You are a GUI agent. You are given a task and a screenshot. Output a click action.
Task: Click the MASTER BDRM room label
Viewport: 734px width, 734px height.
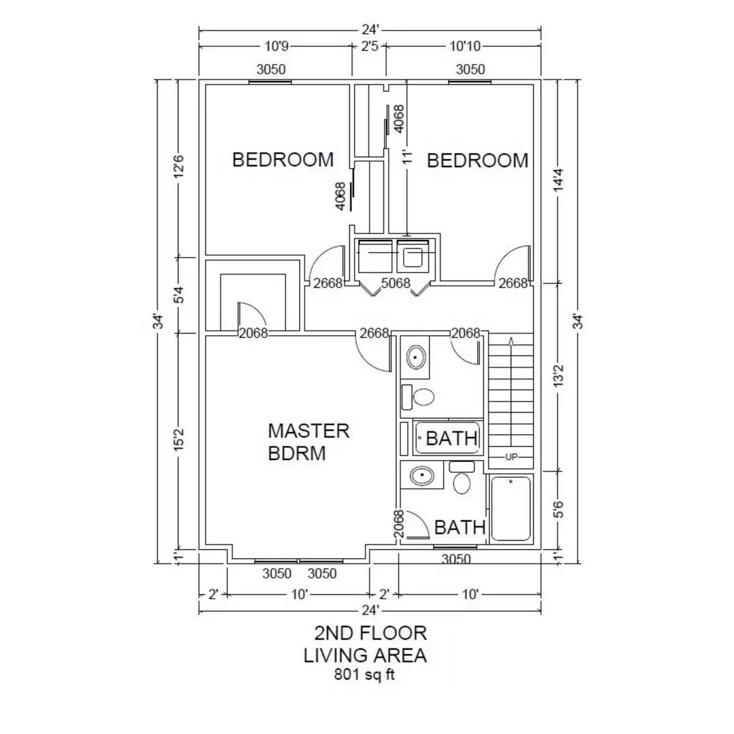pos(309,442)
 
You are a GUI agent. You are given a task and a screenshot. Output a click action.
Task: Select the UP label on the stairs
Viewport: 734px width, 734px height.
pos(511,457)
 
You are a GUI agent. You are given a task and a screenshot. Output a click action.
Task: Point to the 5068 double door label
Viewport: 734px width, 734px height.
pos(396,283)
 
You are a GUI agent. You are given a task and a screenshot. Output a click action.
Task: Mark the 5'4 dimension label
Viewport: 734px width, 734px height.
pos(179,296)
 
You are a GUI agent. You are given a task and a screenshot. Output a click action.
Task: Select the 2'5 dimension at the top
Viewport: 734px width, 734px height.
pos(370,47)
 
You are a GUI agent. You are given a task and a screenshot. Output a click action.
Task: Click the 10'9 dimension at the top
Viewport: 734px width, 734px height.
pos(275,47)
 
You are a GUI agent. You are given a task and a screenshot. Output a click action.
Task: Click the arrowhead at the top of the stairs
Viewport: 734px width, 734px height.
pos(511,339)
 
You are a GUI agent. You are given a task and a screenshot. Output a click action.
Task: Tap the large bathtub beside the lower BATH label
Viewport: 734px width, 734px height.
pos(511,509)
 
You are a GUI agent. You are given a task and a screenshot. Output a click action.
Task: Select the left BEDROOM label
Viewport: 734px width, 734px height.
pos(283,160)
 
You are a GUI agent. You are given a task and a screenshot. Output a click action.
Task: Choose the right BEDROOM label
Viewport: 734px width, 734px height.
pos(477,161)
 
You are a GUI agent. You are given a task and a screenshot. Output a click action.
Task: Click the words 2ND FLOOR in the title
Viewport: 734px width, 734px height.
pos(370,633)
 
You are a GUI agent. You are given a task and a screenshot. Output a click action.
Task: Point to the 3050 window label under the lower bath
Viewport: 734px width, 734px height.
pos(456,559)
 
